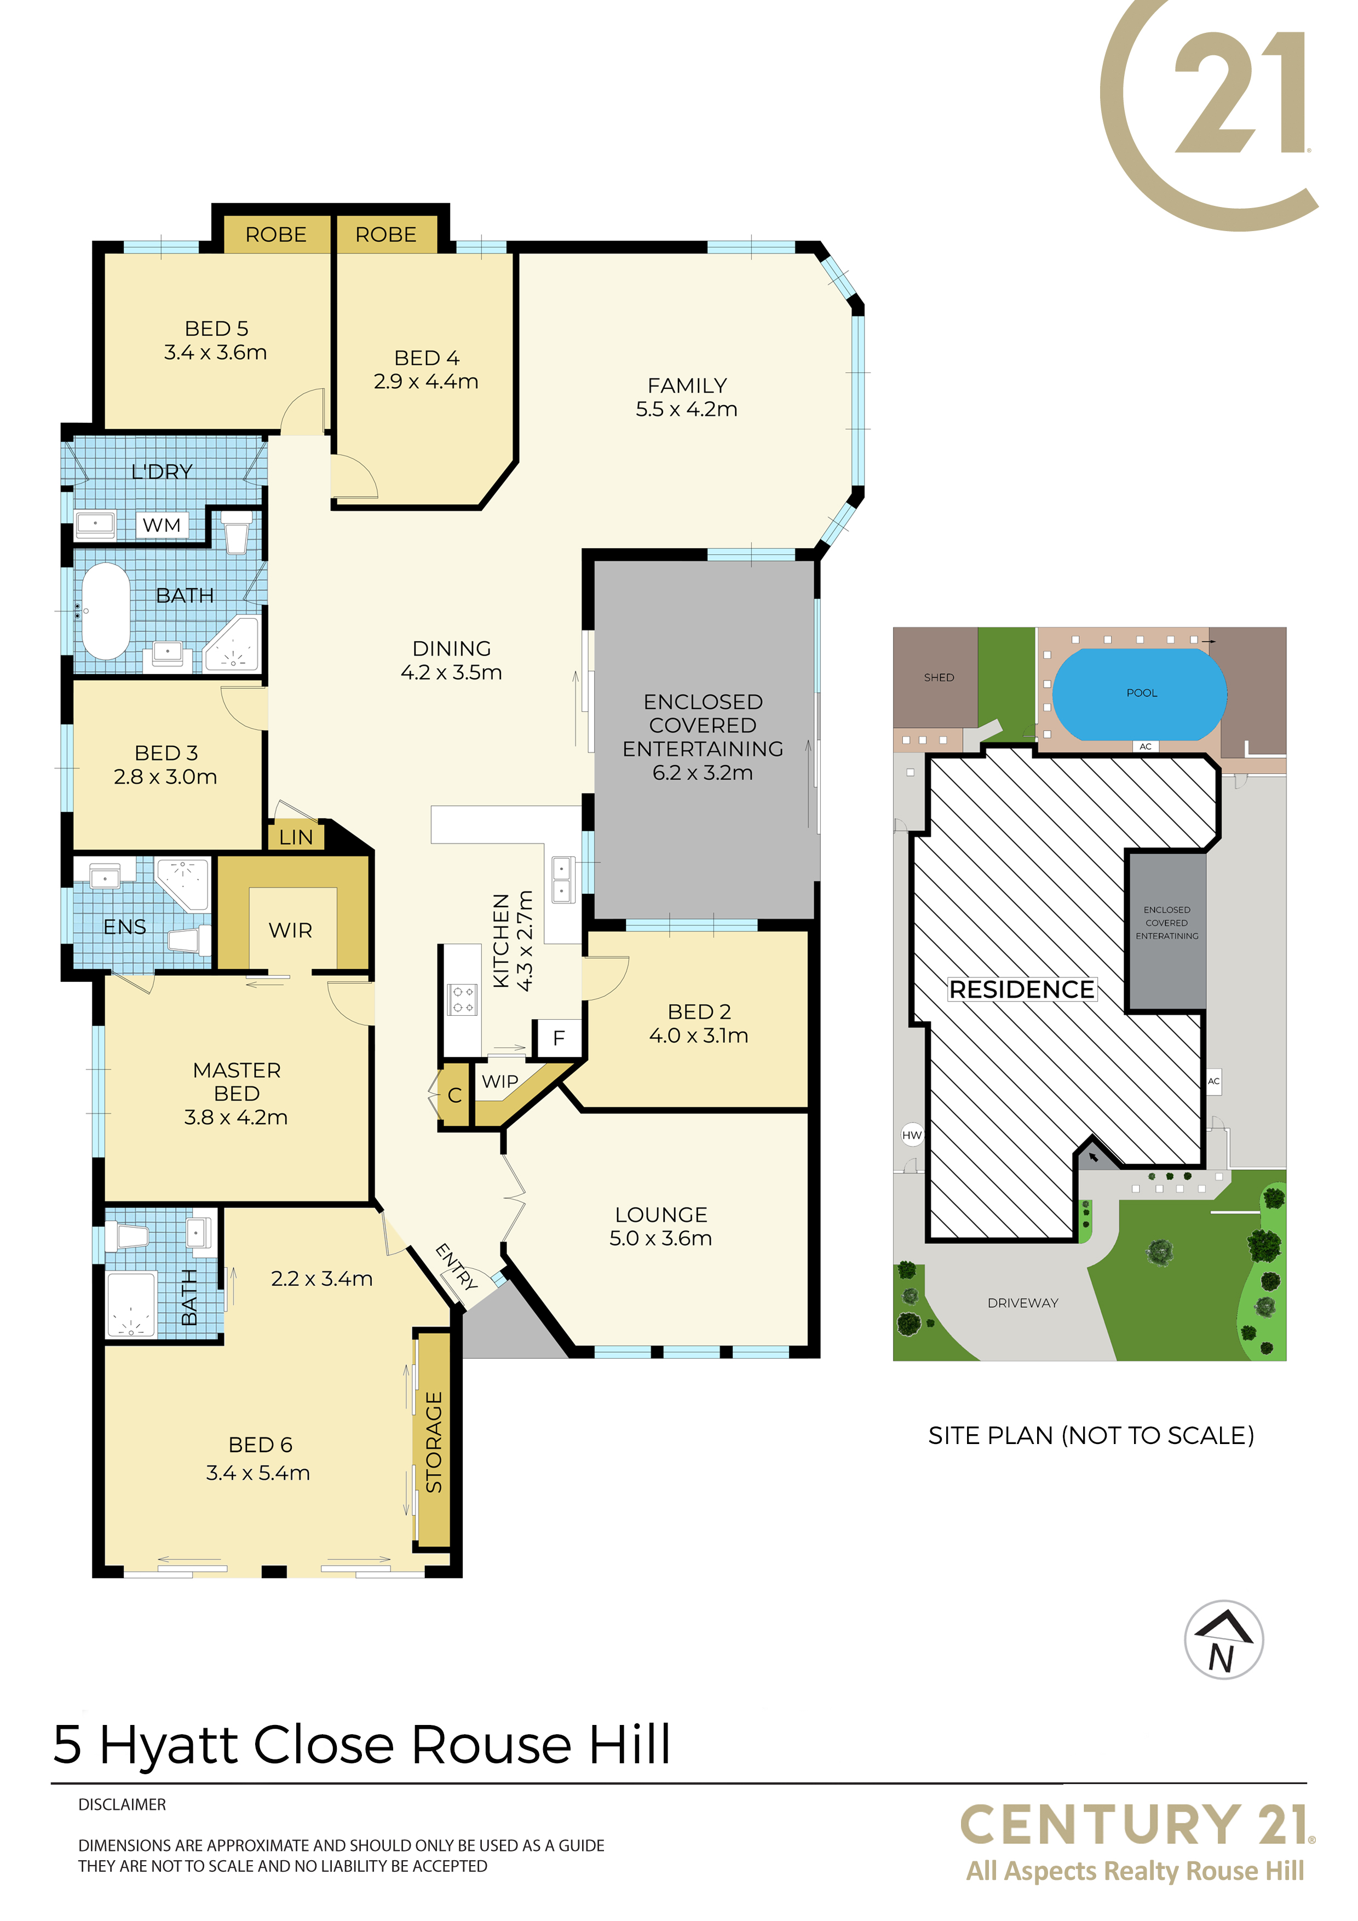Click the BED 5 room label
[x=217, y=329]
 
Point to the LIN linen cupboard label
[x=296, y=837]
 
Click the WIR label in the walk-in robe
[x=290, y=930]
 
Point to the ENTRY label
[x=457, y=1266]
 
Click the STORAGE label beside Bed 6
[x=434, y=1442]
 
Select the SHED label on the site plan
[x=939, y=678]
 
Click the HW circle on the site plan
[x=912, y=1135]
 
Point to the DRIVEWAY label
[x=1022, y=1303]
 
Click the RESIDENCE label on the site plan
[x=1022, y=990]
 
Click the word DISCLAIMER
[x=122, y=1805]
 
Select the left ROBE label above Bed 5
[x=276, y=235]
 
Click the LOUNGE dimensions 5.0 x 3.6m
[x=661, y=1238]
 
